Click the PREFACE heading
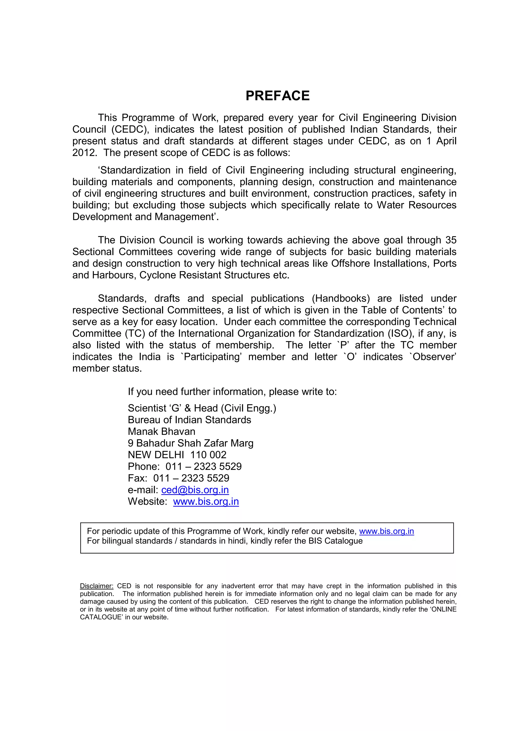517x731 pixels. (x=277, y=96)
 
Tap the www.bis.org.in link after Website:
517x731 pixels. (x=206, y=501)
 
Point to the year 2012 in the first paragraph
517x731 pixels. (x=84, y=153)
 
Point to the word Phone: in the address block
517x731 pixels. (x=144, y=466)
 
